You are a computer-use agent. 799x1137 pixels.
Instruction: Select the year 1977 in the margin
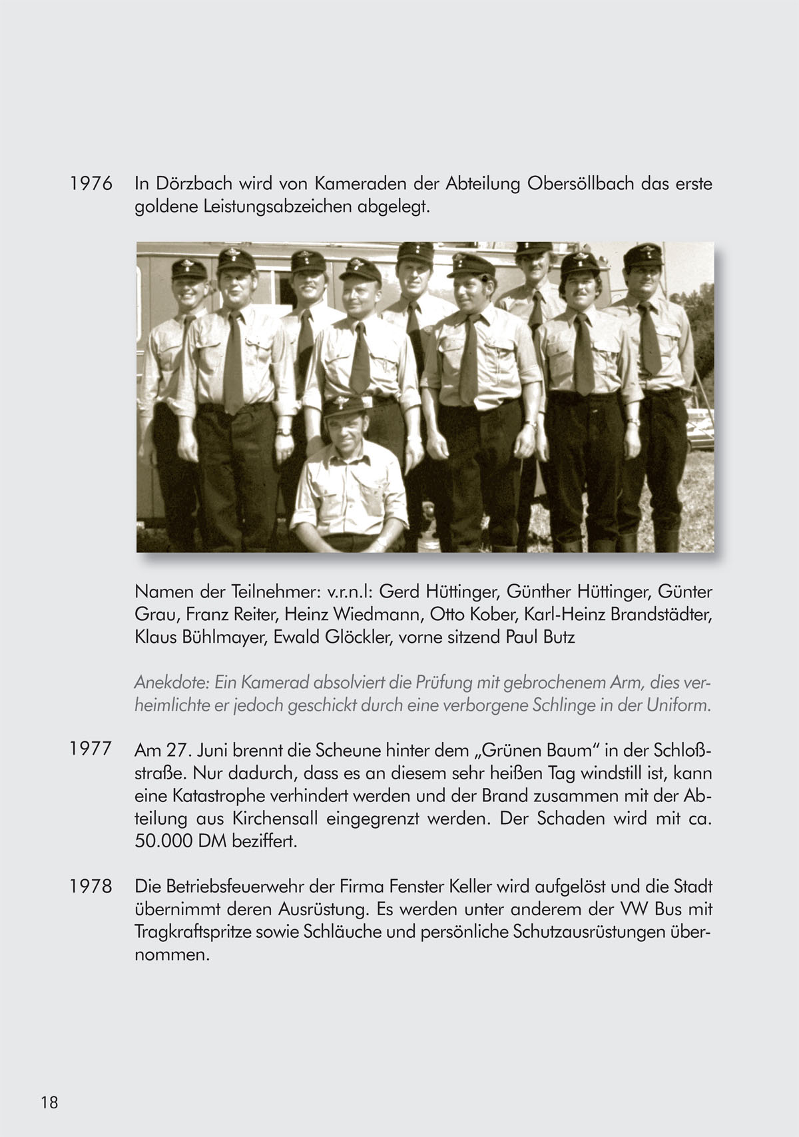click(91, 749)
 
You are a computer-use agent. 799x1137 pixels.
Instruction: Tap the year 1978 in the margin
click(91, 887)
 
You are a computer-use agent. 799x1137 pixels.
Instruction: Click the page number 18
click(49, 1102)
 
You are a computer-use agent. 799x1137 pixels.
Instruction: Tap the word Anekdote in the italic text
click(172, 683)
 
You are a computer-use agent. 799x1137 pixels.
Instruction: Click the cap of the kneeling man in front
click(344, 404)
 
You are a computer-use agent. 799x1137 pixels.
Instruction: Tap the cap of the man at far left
click(189, 268)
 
